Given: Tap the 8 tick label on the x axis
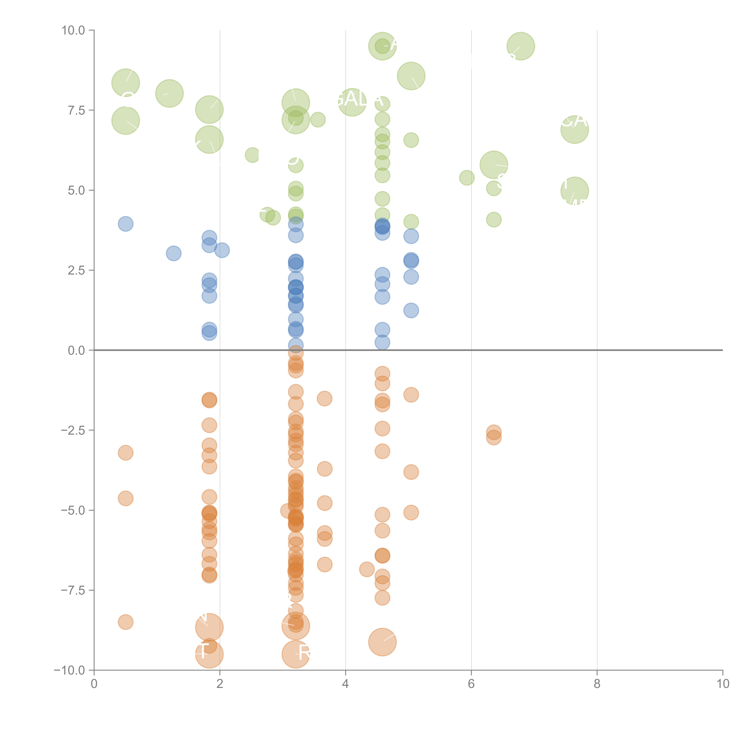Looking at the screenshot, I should pos(597,684).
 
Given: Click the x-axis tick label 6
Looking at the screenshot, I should pos(471,684).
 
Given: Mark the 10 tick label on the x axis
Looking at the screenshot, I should pos(723,684).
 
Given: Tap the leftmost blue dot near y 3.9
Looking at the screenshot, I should pos(125,224).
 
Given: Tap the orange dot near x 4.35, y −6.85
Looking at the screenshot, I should pos(367,569).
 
